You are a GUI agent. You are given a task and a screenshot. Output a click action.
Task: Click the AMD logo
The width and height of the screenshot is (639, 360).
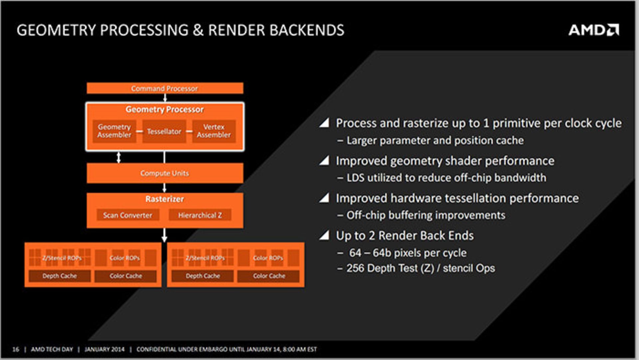[x=594, y=30]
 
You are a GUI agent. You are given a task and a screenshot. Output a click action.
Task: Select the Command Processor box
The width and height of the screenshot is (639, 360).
[x=165, y=88]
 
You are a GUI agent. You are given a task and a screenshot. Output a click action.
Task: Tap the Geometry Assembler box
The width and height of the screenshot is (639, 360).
[x=114, y=131]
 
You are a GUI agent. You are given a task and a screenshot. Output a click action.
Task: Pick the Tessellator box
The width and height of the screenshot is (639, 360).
[x=164, y=131]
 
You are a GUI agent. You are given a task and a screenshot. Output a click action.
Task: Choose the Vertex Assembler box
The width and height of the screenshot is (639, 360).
[x=214, y=131]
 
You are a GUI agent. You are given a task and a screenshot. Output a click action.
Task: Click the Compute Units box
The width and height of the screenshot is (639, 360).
[x=165, y=173]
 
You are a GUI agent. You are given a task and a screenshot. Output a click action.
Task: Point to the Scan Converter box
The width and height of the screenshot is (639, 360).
[x=128, y=215]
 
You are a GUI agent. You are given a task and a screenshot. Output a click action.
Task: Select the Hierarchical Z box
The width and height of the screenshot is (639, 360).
[x=200, y=215]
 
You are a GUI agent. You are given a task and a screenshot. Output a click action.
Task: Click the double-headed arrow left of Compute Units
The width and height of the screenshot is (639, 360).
[x=118, y=157]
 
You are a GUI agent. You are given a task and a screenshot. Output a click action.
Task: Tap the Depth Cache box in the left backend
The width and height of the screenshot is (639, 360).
[x=60, y=276]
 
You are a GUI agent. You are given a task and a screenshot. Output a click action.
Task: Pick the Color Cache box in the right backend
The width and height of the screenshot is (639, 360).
[x=269, y=276]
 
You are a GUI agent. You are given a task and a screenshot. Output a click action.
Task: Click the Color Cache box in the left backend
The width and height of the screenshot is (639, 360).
[x=125, y=276]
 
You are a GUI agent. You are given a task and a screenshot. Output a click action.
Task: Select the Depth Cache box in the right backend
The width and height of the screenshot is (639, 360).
[x=202, y=276]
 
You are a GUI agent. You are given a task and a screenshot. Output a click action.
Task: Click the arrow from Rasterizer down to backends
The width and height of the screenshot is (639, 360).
[x=164, y=235]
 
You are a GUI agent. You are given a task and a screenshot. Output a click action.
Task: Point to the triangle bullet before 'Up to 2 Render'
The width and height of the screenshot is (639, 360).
[x=324, y=235]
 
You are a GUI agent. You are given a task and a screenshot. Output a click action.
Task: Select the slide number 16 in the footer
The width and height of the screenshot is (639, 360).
[x=16, y=349]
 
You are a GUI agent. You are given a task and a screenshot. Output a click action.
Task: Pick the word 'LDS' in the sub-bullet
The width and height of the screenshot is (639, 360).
[x=355, y=178]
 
